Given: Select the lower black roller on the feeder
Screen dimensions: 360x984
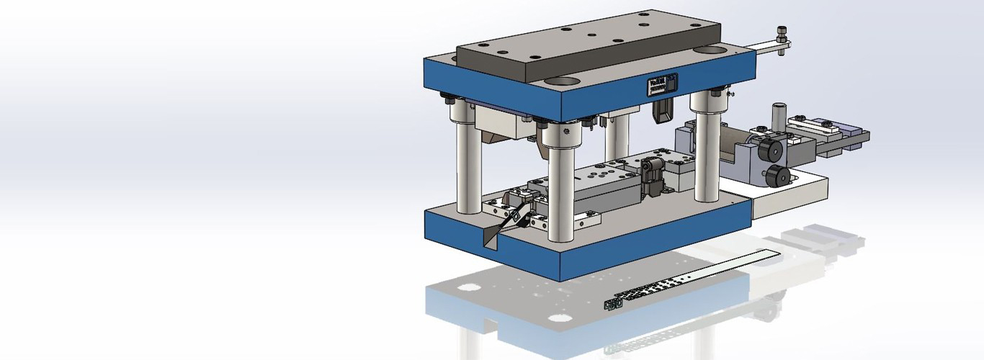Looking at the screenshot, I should pyautogui.click(x=776, y=176).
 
